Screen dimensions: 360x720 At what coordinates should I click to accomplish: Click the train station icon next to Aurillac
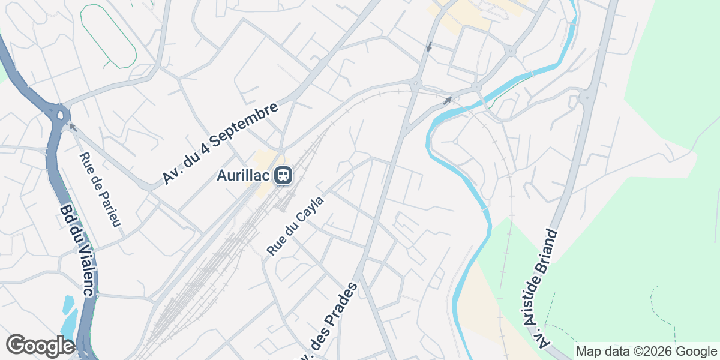(283, 176)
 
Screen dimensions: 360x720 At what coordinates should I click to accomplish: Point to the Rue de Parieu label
(100, 190)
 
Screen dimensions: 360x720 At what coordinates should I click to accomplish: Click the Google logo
(40, 346)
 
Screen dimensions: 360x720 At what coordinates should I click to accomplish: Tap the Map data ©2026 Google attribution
(646, 351)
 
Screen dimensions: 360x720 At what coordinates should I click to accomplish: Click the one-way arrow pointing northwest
(73, 127)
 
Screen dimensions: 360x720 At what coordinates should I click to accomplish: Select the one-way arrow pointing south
(428, 47)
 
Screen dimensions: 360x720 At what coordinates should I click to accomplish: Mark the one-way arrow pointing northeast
(447, 100)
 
